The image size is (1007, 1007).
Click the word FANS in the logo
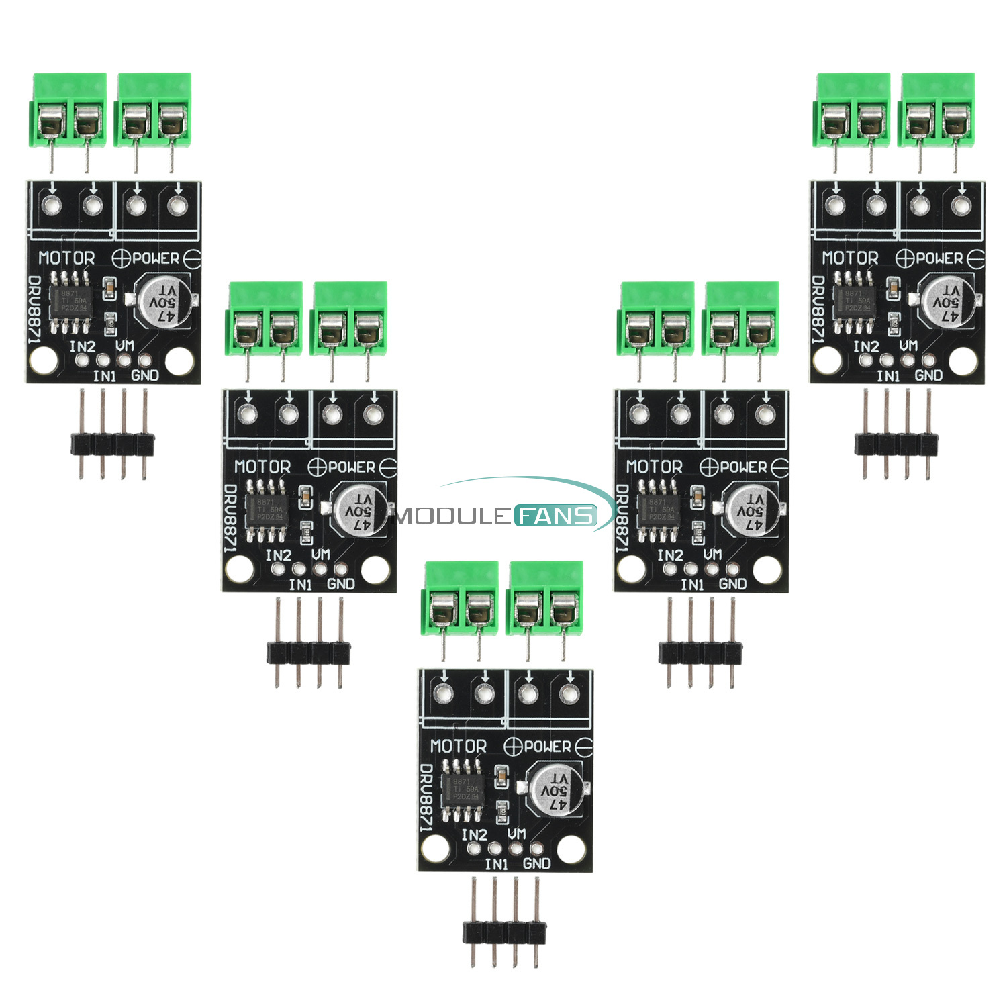click(556, 516)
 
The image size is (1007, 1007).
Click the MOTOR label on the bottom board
click(459, 746)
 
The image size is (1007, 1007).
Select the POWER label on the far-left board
click(156, 258)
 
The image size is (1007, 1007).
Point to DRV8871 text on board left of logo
click(230, 518)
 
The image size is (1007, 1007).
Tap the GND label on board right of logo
click(732, 584)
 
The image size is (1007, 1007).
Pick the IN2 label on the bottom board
click(474, 834)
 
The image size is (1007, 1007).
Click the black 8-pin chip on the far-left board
click(70, 301)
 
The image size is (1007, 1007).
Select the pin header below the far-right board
click(896, 442)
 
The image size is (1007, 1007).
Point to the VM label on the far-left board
click(124, 346)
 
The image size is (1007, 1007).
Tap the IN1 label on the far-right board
click(888, 376)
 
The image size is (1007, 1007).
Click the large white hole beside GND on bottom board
click(571, 851)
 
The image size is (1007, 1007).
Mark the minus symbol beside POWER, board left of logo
click(388, 467)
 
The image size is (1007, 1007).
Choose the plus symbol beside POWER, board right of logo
click(709, 467)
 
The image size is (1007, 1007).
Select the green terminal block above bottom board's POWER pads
click(544, 597)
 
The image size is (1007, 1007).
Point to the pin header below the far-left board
click(112, 442)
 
